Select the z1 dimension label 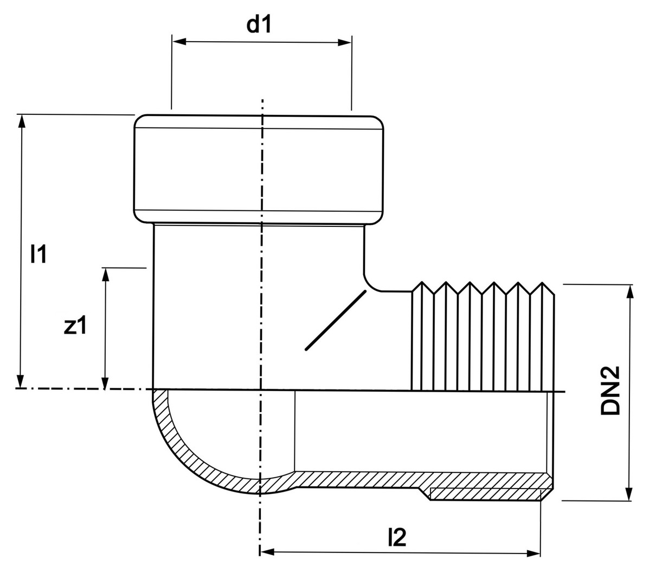(x=75, y=326)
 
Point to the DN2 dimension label (x=610, y=391)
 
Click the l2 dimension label (x=397, y=537)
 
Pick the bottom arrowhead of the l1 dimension (x=21, y=381)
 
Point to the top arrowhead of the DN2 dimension (x=629, y=291)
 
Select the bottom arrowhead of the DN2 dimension (x=629, y=494)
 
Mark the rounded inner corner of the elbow (x=370, y=282)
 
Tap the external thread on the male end (x=483, y=336)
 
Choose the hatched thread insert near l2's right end (x=485, y=494)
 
